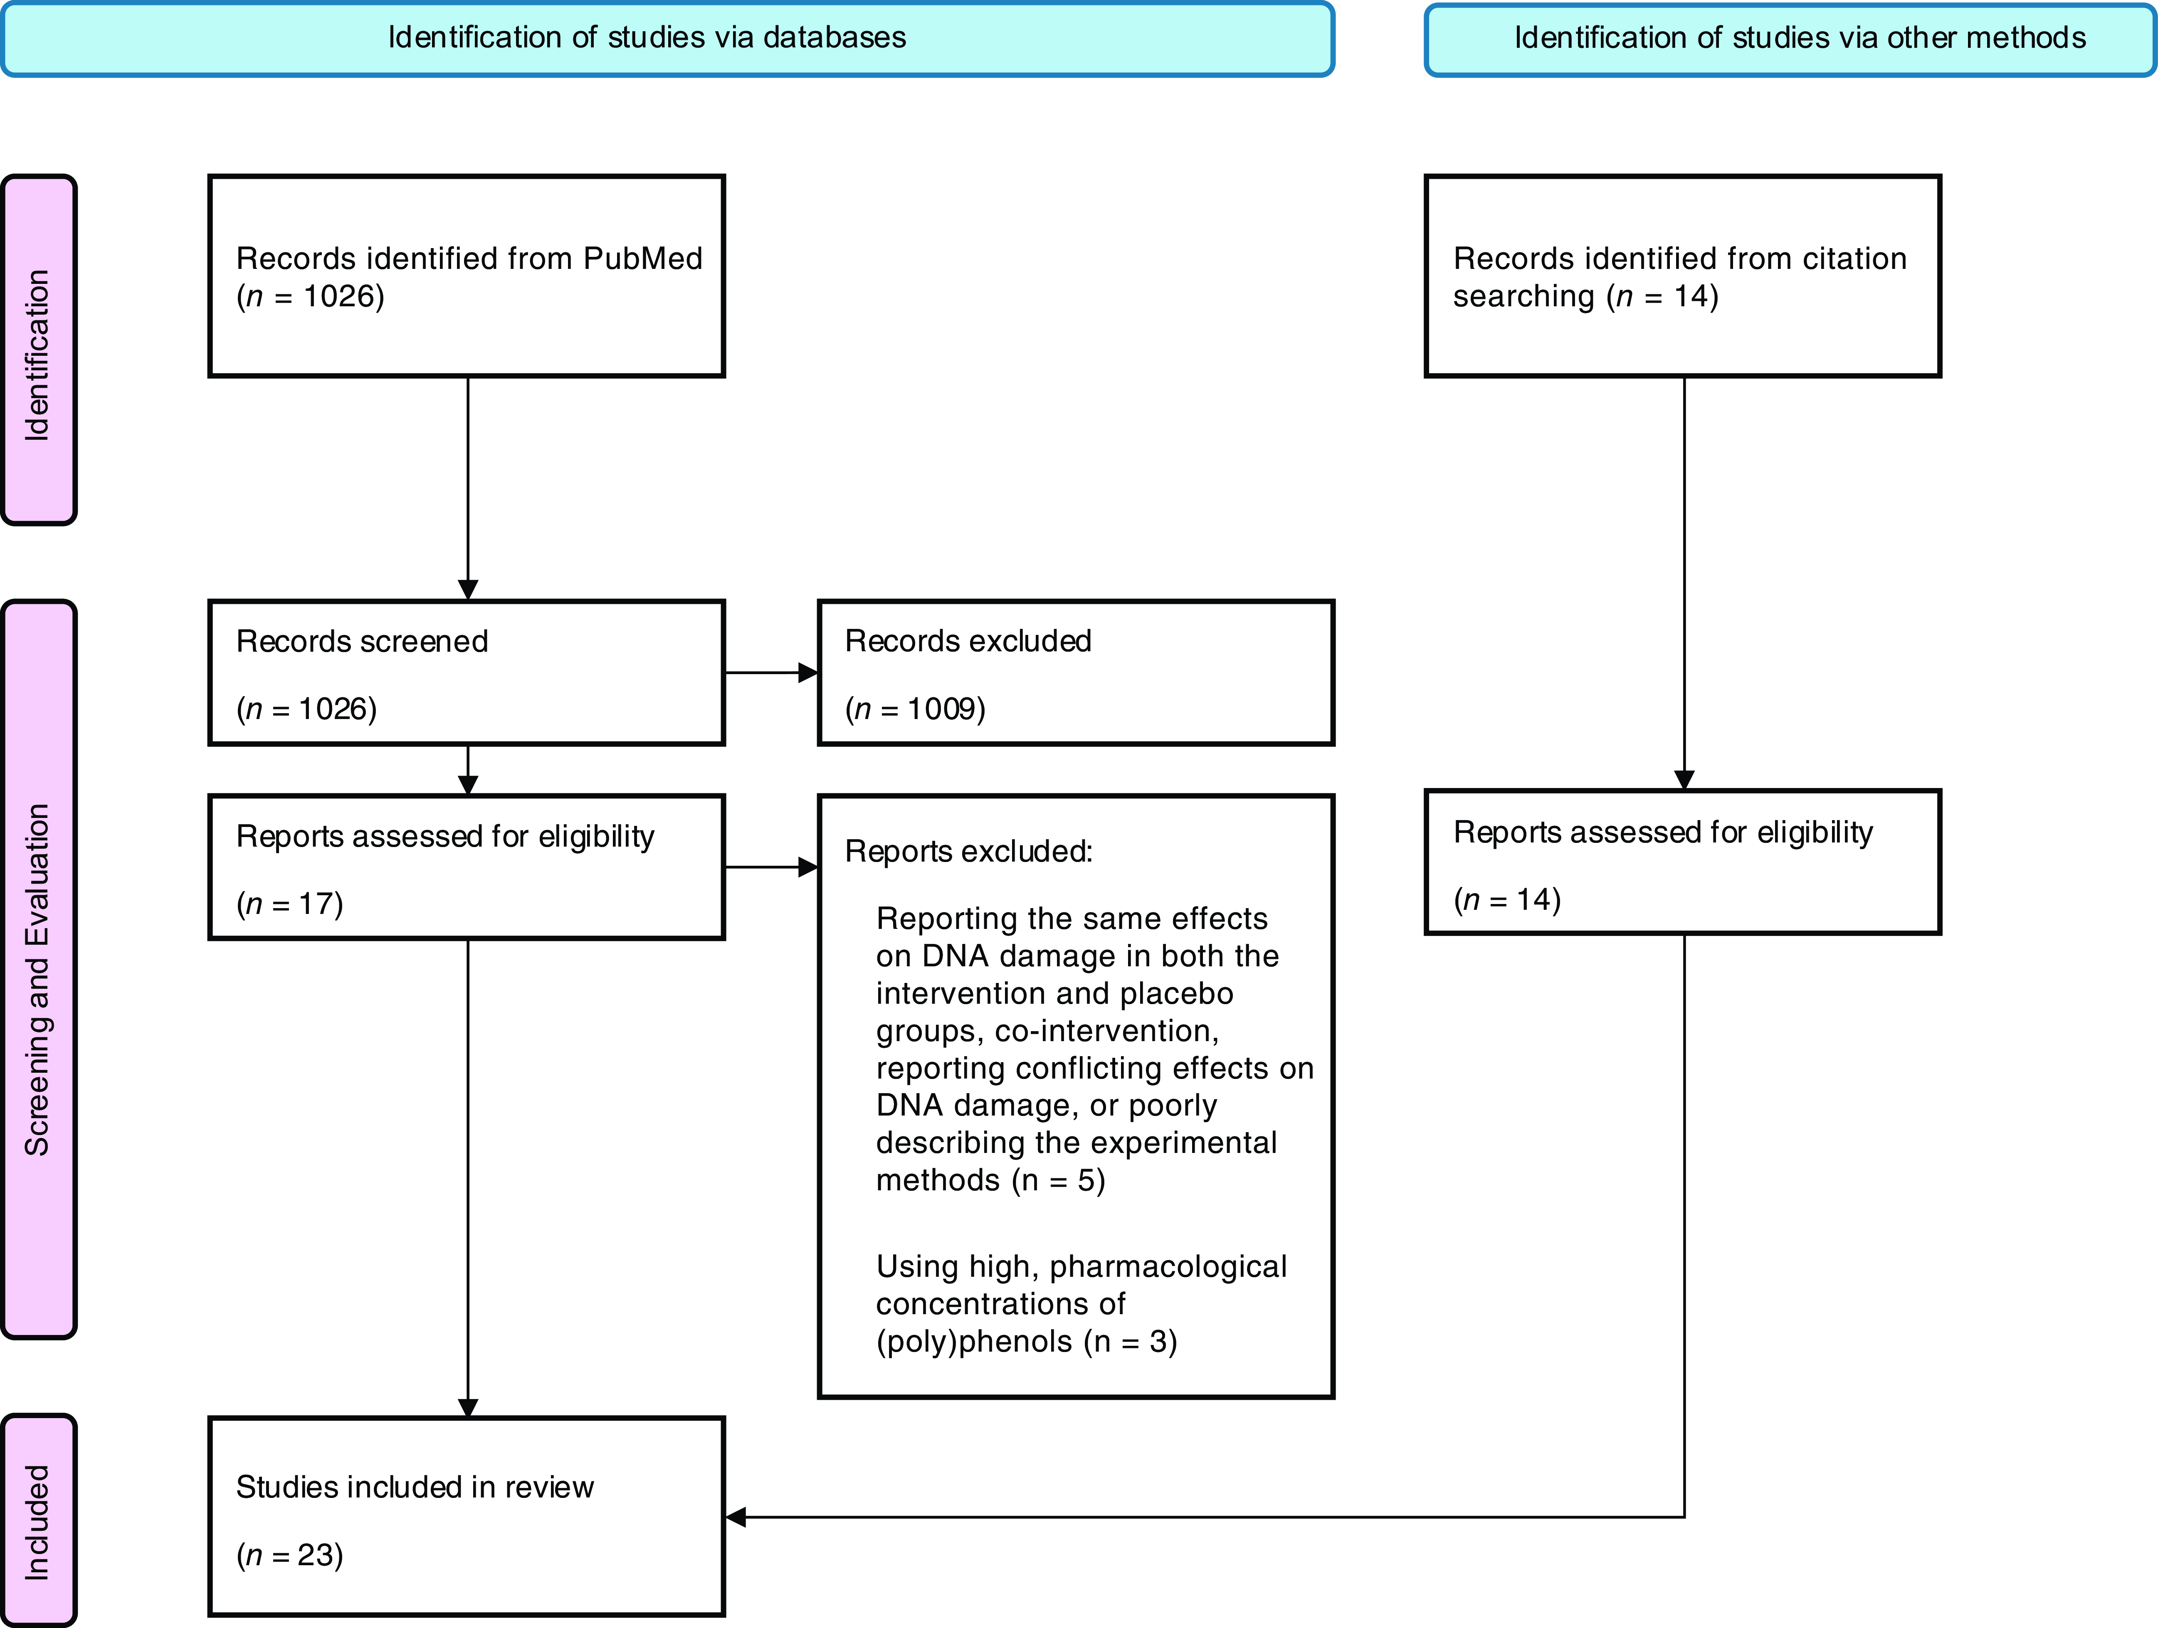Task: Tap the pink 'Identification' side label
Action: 37,356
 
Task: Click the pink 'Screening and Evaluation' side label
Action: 37,979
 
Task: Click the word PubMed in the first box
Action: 643,259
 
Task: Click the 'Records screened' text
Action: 362,641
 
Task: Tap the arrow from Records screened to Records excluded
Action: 771,672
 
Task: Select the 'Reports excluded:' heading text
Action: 969,852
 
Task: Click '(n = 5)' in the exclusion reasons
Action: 1059,1180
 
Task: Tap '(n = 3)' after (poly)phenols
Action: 1131,1341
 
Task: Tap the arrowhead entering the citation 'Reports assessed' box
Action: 1684,781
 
